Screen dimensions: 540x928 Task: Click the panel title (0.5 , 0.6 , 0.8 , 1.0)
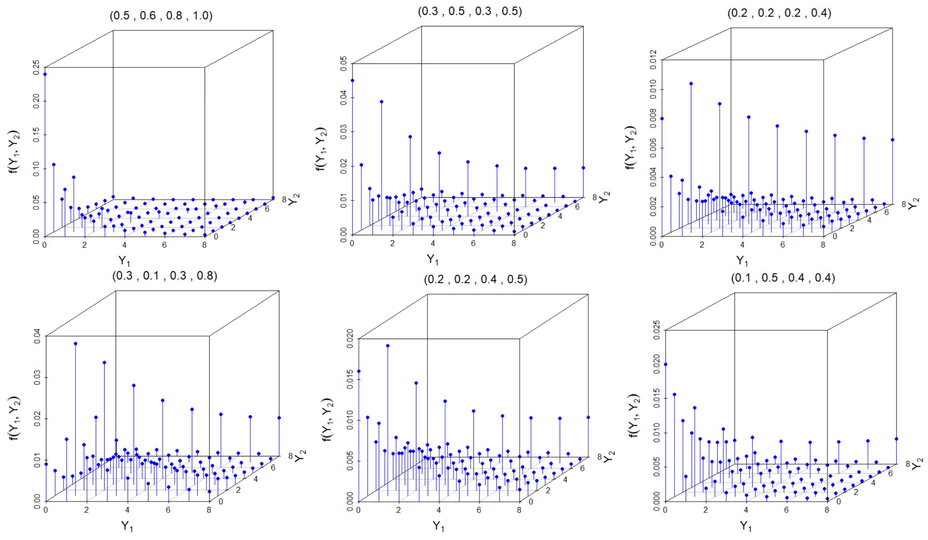click(161, 16)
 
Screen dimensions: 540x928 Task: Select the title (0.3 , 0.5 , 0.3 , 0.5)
click(470, 11)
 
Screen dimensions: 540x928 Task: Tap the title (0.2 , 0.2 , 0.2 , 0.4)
click(779, 13)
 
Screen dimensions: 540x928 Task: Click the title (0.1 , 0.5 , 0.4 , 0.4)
click(783, 278)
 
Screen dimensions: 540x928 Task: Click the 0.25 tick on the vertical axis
click(37, 67)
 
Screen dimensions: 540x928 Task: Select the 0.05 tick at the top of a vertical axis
click(344, 64)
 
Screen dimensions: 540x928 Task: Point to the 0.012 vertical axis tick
click(654, 60)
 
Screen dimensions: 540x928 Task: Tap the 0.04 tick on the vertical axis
click(38, 336)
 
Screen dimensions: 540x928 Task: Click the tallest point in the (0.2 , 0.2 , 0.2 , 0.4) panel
click(691, 84)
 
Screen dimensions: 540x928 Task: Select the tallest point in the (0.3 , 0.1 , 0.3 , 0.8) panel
click(76, 343)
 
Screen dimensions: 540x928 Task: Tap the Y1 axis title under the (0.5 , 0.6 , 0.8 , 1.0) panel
click(124, 261)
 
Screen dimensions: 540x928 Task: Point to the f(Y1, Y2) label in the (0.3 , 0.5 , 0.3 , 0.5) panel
click(321, 148)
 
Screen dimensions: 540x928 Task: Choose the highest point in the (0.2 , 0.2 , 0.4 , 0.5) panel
click(388, 346)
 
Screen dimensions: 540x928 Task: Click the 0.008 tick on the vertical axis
click(654, 119)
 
